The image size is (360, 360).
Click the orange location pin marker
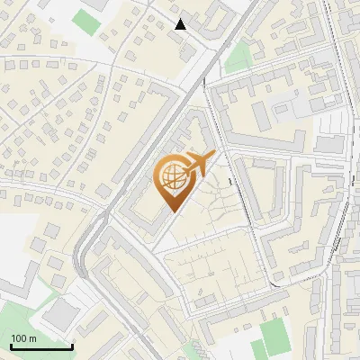(x=173, y=180)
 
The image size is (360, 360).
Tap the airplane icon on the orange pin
(x=194, y=165)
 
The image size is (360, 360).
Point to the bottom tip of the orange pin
(x=172, y=211)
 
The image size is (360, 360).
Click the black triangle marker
(x=181, y=24)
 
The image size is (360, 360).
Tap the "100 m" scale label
(x=23, y=338)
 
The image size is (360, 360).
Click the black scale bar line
(x=41, y=346)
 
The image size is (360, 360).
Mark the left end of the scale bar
(x=11, y=346)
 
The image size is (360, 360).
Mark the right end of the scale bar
(x=72, y=346)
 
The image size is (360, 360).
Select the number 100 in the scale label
(x=19, y=338)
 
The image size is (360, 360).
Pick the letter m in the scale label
(x=32, y=338)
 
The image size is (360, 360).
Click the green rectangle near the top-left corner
(x=87, y=20)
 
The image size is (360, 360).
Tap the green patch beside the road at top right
(x=238, y=57)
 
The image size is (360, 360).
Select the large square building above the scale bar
(x=60, y=313)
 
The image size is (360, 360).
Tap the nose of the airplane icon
(x=212, y=156)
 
